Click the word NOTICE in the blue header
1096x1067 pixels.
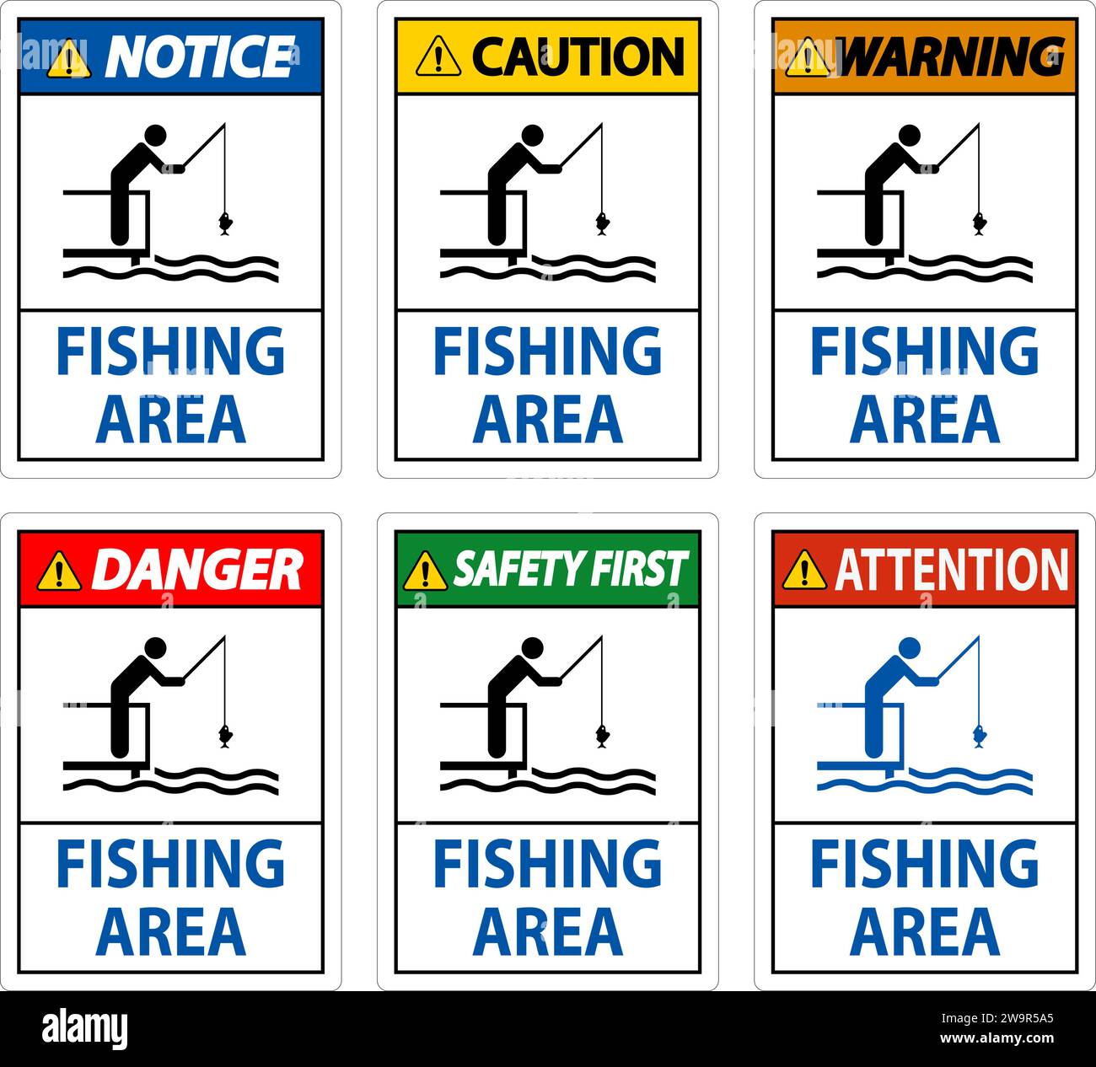point(200,56)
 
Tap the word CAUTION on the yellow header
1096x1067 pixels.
point(578,56)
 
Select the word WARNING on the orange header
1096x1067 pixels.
point(953,56)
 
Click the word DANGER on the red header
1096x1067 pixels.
point(196,570)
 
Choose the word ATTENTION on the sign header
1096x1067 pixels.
point(952,570)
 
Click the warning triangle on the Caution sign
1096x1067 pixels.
point(438,57)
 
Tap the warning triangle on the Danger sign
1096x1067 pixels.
point(60,571)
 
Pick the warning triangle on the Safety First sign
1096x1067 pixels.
point(425,571)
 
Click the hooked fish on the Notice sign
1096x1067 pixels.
point(225,223)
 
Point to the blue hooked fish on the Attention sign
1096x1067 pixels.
point(979,735)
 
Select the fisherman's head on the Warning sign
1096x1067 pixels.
point(909,135)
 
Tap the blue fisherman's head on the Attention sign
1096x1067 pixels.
point(909,647)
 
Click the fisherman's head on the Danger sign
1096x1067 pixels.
point(155,647)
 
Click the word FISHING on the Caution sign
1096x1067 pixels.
point(548,351)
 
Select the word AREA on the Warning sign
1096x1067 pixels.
point(925,419)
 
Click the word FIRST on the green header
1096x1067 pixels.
point(640,570)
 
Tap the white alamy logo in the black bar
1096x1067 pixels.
point(84,1029)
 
